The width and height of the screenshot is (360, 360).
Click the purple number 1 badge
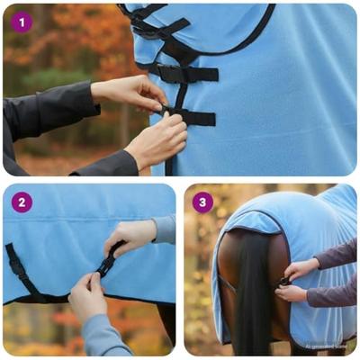pyautogui.click(x=22, y=22)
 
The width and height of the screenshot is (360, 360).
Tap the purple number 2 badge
pyautogui.click(x=22, y=202)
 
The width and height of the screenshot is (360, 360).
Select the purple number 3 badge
pyautogui.click(x=202, y=202)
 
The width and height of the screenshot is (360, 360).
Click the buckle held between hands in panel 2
pyautogui.click(x=108, y=262)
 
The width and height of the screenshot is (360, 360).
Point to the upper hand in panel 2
pyautogui.click(x=130, y=237)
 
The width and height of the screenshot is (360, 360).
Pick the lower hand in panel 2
pyautogui.click(x=88, y=297)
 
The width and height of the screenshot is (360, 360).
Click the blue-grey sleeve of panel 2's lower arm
pyautogui.click(x=103, y=337)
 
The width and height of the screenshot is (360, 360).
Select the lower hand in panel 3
pyautogui.click(x=293, y=292)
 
